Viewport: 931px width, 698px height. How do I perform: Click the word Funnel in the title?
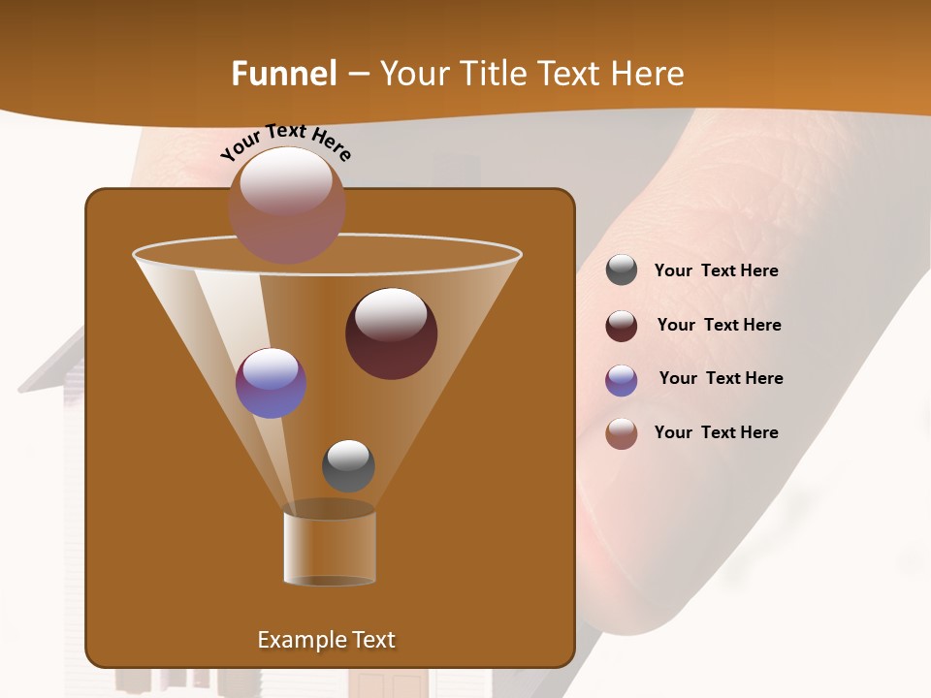284,74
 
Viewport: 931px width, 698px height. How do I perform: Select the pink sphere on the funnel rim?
287,206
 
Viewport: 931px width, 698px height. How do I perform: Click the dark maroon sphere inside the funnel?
392,333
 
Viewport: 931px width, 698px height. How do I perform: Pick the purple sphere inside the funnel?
272,383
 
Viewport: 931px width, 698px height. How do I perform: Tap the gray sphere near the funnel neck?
348,466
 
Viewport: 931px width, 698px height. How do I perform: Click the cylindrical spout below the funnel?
330,549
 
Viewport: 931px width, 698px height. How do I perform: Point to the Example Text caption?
327,640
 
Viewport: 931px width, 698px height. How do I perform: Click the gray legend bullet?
622,270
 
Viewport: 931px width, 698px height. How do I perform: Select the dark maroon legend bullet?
622,326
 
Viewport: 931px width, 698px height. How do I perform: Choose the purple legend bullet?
622,379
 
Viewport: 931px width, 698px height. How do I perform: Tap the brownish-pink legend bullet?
622,433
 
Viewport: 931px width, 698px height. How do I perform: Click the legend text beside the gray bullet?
716,271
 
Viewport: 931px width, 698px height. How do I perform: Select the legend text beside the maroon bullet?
719,326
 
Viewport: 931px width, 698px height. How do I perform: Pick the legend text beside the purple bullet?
721,379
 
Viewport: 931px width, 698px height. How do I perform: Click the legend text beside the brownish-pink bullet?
716,432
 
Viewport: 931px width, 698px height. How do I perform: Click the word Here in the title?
649,74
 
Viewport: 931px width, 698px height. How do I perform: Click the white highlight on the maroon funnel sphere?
391,314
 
